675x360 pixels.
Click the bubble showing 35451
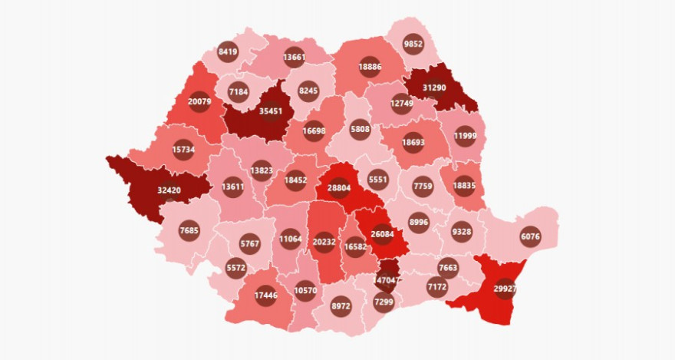(270, 111)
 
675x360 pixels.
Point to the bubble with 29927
(505, 288)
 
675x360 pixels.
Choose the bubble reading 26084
(383, 234)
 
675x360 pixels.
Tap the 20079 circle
(199, 103)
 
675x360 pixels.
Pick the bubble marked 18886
(370, 67)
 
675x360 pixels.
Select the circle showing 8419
(228, 51)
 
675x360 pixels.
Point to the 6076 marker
(530, 236)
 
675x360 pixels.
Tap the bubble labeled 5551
(377, 180)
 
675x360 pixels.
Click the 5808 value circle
(360, 128)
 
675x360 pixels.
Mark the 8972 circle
(341, 306)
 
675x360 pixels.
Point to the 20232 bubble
(324, 241)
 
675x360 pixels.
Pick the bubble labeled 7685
(189, 230)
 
